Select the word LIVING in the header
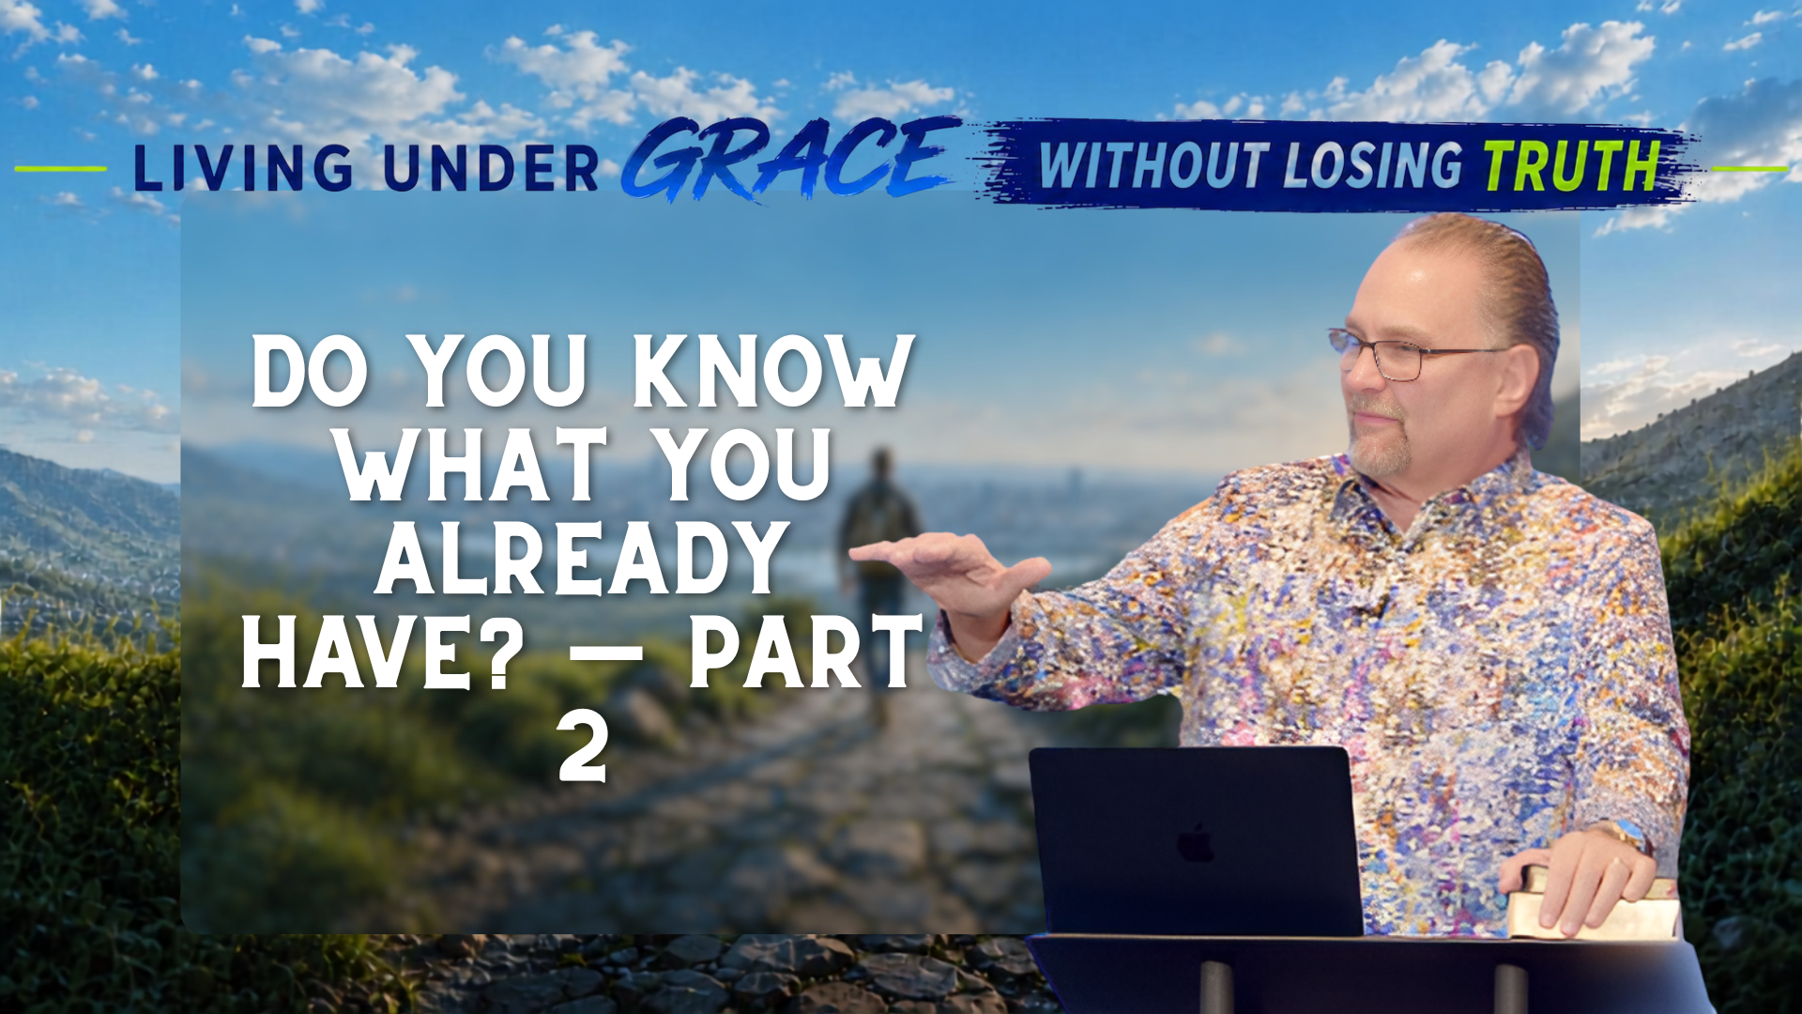(243, 169)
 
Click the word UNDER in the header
(491, 169)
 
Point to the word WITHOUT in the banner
(1153, 166)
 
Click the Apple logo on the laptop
(1195, 842)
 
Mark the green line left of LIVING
(61, 169)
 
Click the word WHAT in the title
(472, 465)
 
